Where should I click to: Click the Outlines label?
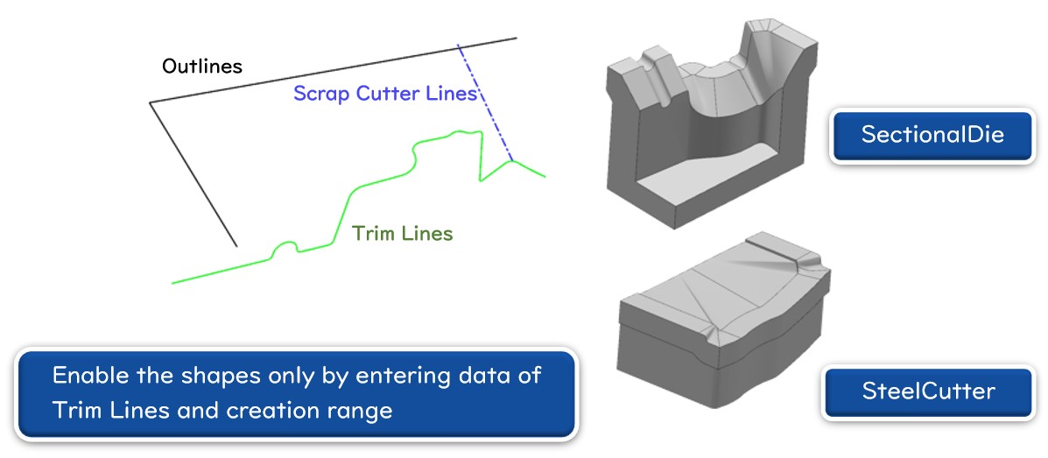[202, 67]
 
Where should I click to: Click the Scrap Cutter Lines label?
[384, 94]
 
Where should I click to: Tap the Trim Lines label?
[402, 234]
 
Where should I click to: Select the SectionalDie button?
[932, 135]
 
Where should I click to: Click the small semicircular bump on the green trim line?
[285, 248]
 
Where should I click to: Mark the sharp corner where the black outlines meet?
[151, 103]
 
